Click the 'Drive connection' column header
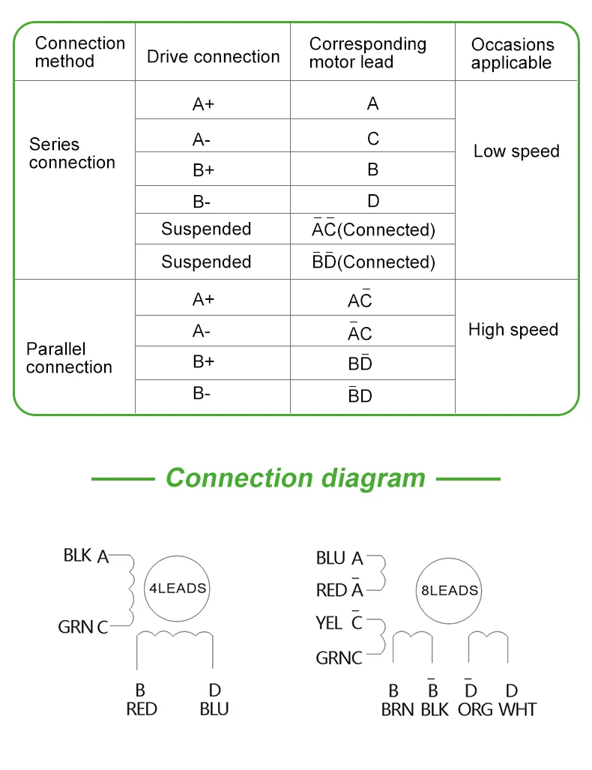[213, 56]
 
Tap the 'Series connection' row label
[72, 153]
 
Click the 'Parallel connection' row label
[69, 358]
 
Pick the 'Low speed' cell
[516, 151]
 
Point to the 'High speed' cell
[513, 329]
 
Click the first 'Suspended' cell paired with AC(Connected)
[206, 229]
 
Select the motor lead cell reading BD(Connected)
[373, 261]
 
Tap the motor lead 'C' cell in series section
[373, 139]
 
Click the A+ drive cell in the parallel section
[203, 299]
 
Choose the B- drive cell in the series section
[202, 202]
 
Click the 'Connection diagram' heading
[295, 478]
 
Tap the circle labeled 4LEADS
[177, 589]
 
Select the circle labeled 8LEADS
[449, 590]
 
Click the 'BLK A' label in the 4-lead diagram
[86, 556]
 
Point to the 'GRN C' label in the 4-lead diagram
[83, 627]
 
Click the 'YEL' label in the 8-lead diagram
[329, 623]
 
